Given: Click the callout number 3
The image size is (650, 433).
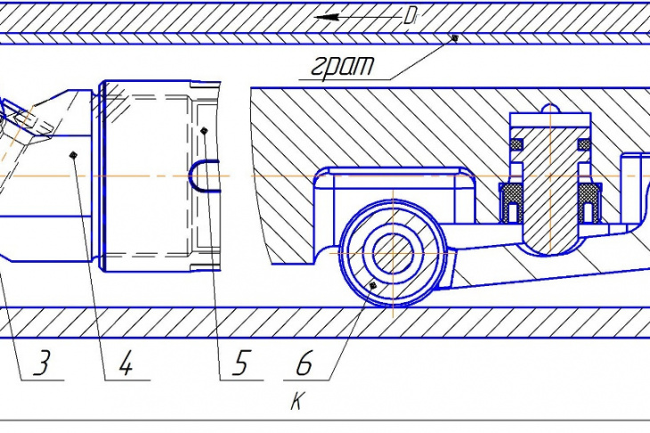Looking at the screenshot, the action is (x=43, y=363).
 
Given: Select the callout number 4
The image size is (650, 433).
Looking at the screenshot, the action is (x=126, y=363).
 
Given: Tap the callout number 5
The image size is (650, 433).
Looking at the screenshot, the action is (x=241, y=363).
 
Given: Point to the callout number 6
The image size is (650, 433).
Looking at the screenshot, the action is (x=304, y=363).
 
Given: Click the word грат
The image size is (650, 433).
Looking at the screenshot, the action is (x=343, y=65).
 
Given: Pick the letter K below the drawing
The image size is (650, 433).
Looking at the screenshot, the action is (x=297, y=401).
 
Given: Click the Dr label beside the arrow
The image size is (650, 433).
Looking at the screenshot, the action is (x=410, y=17).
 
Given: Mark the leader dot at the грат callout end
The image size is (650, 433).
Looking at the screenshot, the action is (x=455, y=37).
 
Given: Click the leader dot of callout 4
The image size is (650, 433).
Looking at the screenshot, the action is (x=73, y=155).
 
